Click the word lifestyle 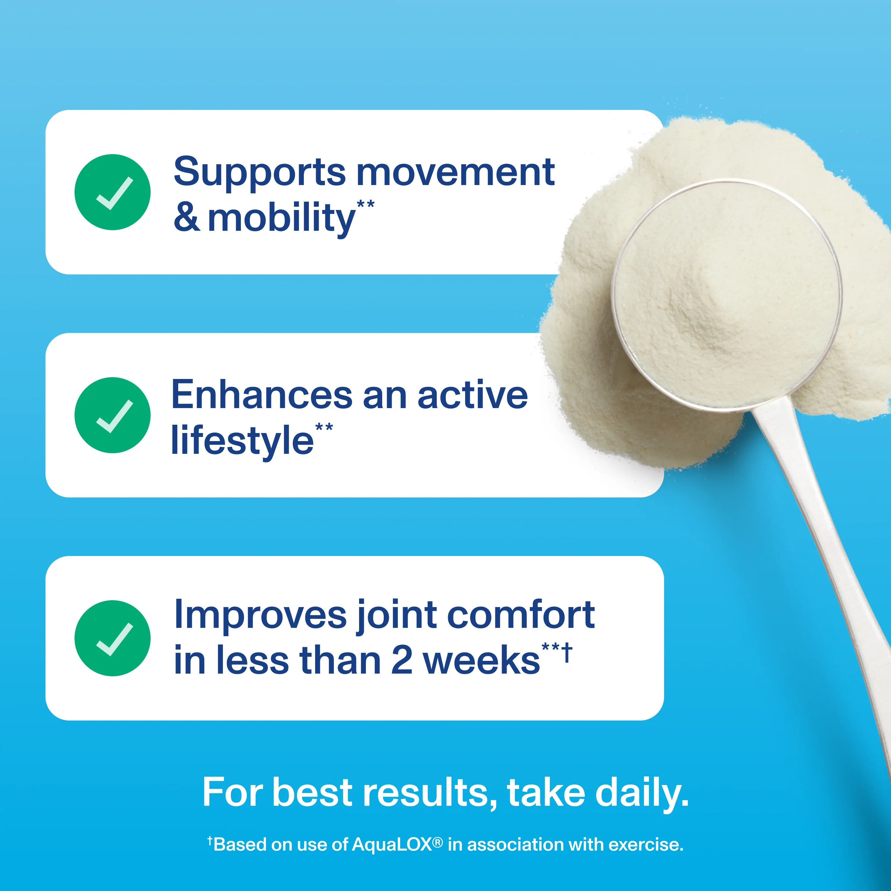(x=242, y=441)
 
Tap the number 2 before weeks (x=402, y=661)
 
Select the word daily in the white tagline (x=642, y=793)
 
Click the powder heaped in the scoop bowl (x=726, y=295)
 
